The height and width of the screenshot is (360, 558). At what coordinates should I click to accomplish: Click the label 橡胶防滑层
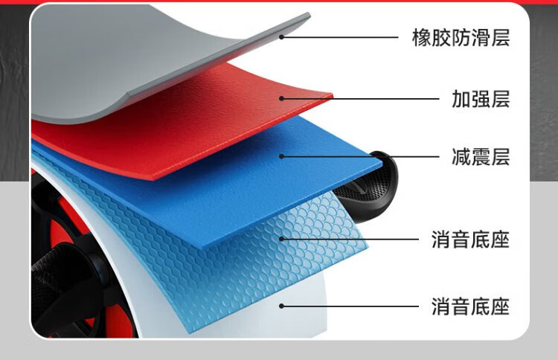(x=461, y=37)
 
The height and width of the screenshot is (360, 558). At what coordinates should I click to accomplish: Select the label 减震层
(x=480, y=157)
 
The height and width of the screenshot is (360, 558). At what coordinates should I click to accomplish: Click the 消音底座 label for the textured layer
(x=470, y=240)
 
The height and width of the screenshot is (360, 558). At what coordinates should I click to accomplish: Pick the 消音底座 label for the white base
(x=470, y=306)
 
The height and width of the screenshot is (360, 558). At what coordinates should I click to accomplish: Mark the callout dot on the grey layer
(x=282, y=36)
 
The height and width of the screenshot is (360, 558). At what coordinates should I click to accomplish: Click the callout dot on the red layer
(x=282, y=97)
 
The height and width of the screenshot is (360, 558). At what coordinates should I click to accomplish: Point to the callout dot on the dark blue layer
(x=282, y=156)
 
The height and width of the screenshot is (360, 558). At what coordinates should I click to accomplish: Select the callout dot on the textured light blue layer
(x=282, y=240)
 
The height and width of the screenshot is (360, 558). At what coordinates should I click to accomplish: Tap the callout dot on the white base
(x=282, y=306)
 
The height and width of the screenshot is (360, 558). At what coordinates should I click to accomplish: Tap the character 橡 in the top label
(x=422, y=37)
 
